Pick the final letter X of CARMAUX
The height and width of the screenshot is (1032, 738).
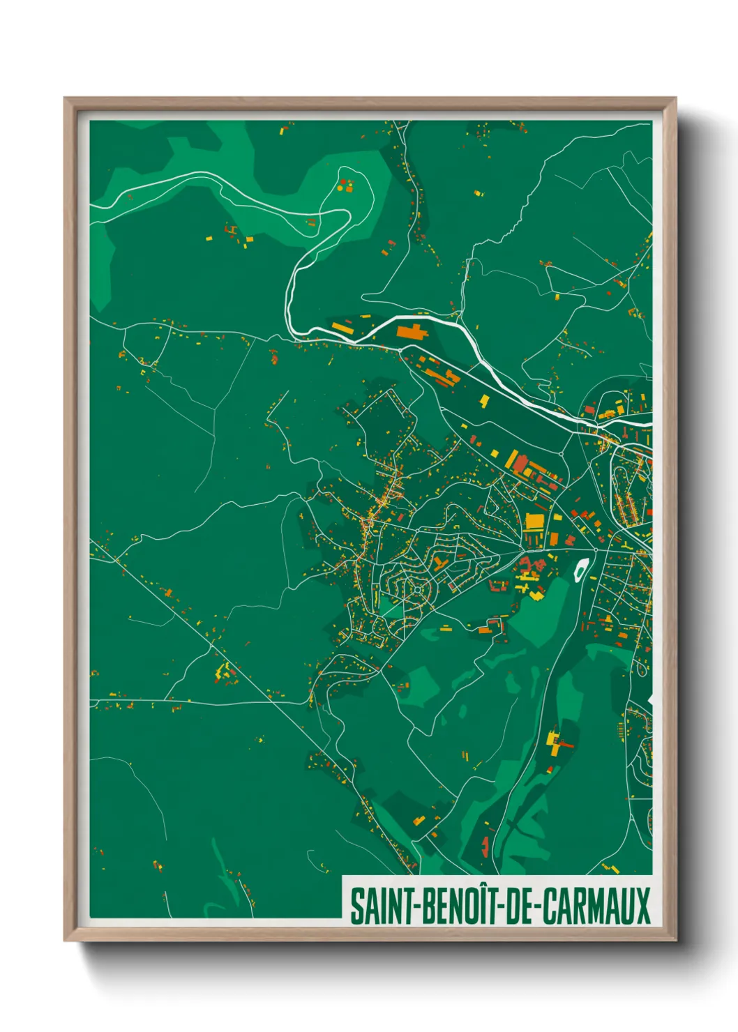(642, 906)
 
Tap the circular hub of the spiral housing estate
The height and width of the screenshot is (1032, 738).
(417, 590)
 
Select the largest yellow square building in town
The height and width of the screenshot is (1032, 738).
(534, 521)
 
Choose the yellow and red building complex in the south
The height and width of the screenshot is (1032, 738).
(556, 743)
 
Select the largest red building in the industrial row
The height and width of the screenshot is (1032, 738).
(520, 464)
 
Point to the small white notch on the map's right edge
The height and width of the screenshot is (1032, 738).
(650, 699)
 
